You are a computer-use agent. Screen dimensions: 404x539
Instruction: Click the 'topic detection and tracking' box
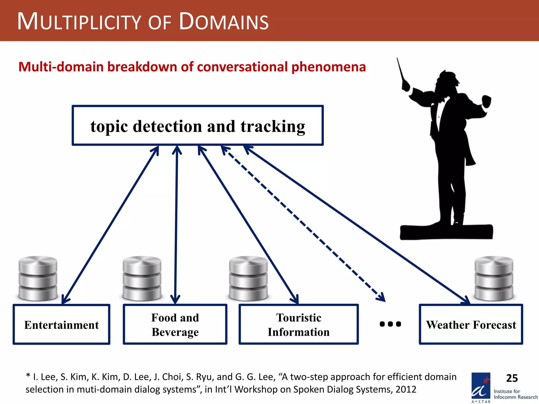(197, 125)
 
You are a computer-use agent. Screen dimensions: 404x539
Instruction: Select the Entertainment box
(61, 324)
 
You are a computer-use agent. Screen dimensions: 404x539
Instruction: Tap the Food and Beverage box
(175, 324)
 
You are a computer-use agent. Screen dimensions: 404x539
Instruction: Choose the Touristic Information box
(298, 324)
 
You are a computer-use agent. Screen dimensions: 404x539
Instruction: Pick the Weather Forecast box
(471, 324)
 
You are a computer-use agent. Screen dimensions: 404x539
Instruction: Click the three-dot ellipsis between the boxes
(390, 324)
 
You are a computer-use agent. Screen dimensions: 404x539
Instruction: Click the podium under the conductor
(446, 232)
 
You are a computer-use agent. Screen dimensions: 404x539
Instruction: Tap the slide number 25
(512, 378)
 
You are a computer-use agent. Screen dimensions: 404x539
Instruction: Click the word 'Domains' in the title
(224, 22)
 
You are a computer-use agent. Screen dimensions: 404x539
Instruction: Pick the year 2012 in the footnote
(406, 390)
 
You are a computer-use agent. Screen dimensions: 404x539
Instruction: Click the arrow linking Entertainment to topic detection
(111, 225)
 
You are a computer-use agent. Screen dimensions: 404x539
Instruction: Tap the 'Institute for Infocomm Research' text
(515, 394)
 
